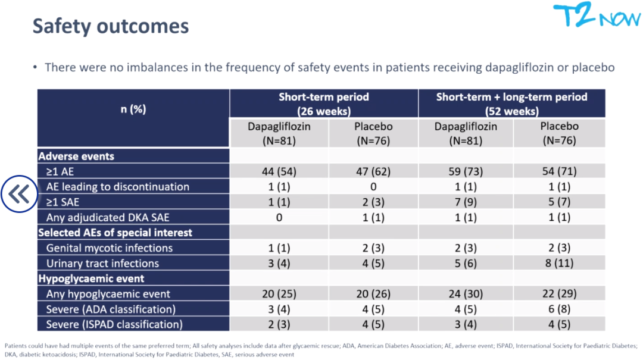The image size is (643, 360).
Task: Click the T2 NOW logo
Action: tap(597, 15)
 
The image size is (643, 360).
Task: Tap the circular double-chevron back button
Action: tap(19, 194)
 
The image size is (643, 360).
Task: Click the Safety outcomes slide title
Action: tap(111, 26)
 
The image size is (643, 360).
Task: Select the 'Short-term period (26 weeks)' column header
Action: tap(324, 104)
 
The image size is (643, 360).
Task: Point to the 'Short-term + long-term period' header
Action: tap(511, 97)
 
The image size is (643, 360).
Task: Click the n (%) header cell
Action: tap(133, 109)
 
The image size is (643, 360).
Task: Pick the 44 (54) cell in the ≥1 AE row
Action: tap(279, 171)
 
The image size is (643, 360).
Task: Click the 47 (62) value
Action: tap(373, 171)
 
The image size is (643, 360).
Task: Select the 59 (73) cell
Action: tap(466, 171)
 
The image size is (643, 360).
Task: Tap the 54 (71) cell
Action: tap(559, 171)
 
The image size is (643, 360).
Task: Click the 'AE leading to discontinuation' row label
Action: tap(118, 187)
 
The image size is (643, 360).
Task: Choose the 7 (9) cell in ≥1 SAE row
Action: tap(466, 202)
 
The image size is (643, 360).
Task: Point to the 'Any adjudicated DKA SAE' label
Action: tap(108, 218)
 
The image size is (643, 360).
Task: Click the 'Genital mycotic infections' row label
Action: tap(110, 248)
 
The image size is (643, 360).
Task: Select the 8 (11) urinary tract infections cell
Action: tap(559, 263)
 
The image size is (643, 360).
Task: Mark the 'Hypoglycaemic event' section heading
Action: tap(91, 279)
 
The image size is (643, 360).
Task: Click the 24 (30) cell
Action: tap(466, 294)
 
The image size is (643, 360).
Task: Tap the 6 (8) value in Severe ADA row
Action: tap(559, 309)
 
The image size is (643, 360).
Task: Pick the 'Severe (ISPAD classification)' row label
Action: tap(114, 325)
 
